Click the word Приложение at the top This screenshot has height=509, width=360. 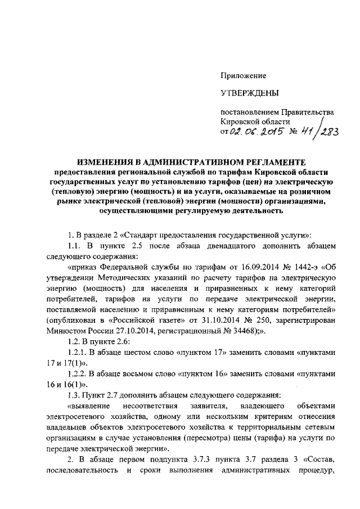click(x=243, y=75)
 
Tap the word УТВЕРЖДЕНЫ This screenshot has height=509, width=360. click(x=247, y=92)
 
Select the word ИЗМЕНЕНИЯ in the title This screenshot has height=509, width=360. click(x=105, y=162)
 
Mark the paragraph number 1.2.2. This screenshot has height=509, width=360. click(x=76, y=373)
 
